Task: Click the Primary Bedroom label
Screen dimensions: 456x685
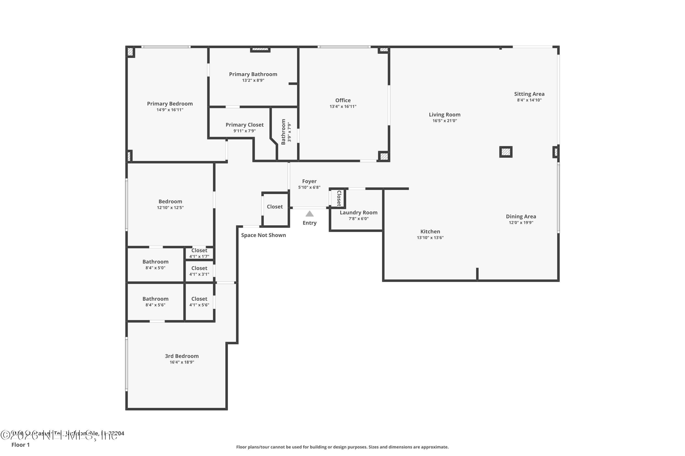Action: [170, 104]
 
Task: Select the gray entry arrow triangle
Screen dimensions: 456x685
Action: [309, 214]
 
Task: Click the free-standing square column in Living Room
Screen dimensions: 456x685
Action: [506, 152]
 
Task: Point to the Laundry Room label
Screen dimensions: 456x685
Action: [358, 212]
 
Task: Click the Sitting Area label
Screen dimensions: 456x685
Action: [529, 94]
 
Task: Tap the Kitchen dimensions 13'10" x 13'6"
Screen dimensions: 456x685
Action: [430, 238]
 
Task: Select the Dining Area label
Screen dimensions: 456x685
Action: [521, 216]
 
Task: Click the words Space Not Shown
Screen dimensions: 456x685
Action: [263, 235]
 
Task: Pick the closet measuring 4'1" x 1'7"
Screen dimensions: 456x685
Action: [199, 253]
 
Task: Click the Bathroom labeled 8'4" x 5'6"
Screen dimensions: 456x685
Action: [155, 301]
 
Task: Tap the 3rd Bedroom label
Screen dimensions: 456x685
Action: [182, 356]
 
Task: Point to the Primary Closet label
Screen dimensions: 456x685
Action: [244, 125]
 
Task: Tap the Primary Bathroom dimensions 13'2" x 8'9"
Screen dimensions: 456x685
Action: [253, 80]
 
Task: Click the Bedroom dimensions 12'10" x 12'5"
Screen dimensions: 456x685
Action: [170, 208]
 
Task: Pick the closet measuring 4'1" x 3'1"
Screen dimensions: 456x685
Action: [199, 271]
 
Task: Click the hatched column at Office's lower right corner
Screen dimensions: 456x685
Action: [384, 156]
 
